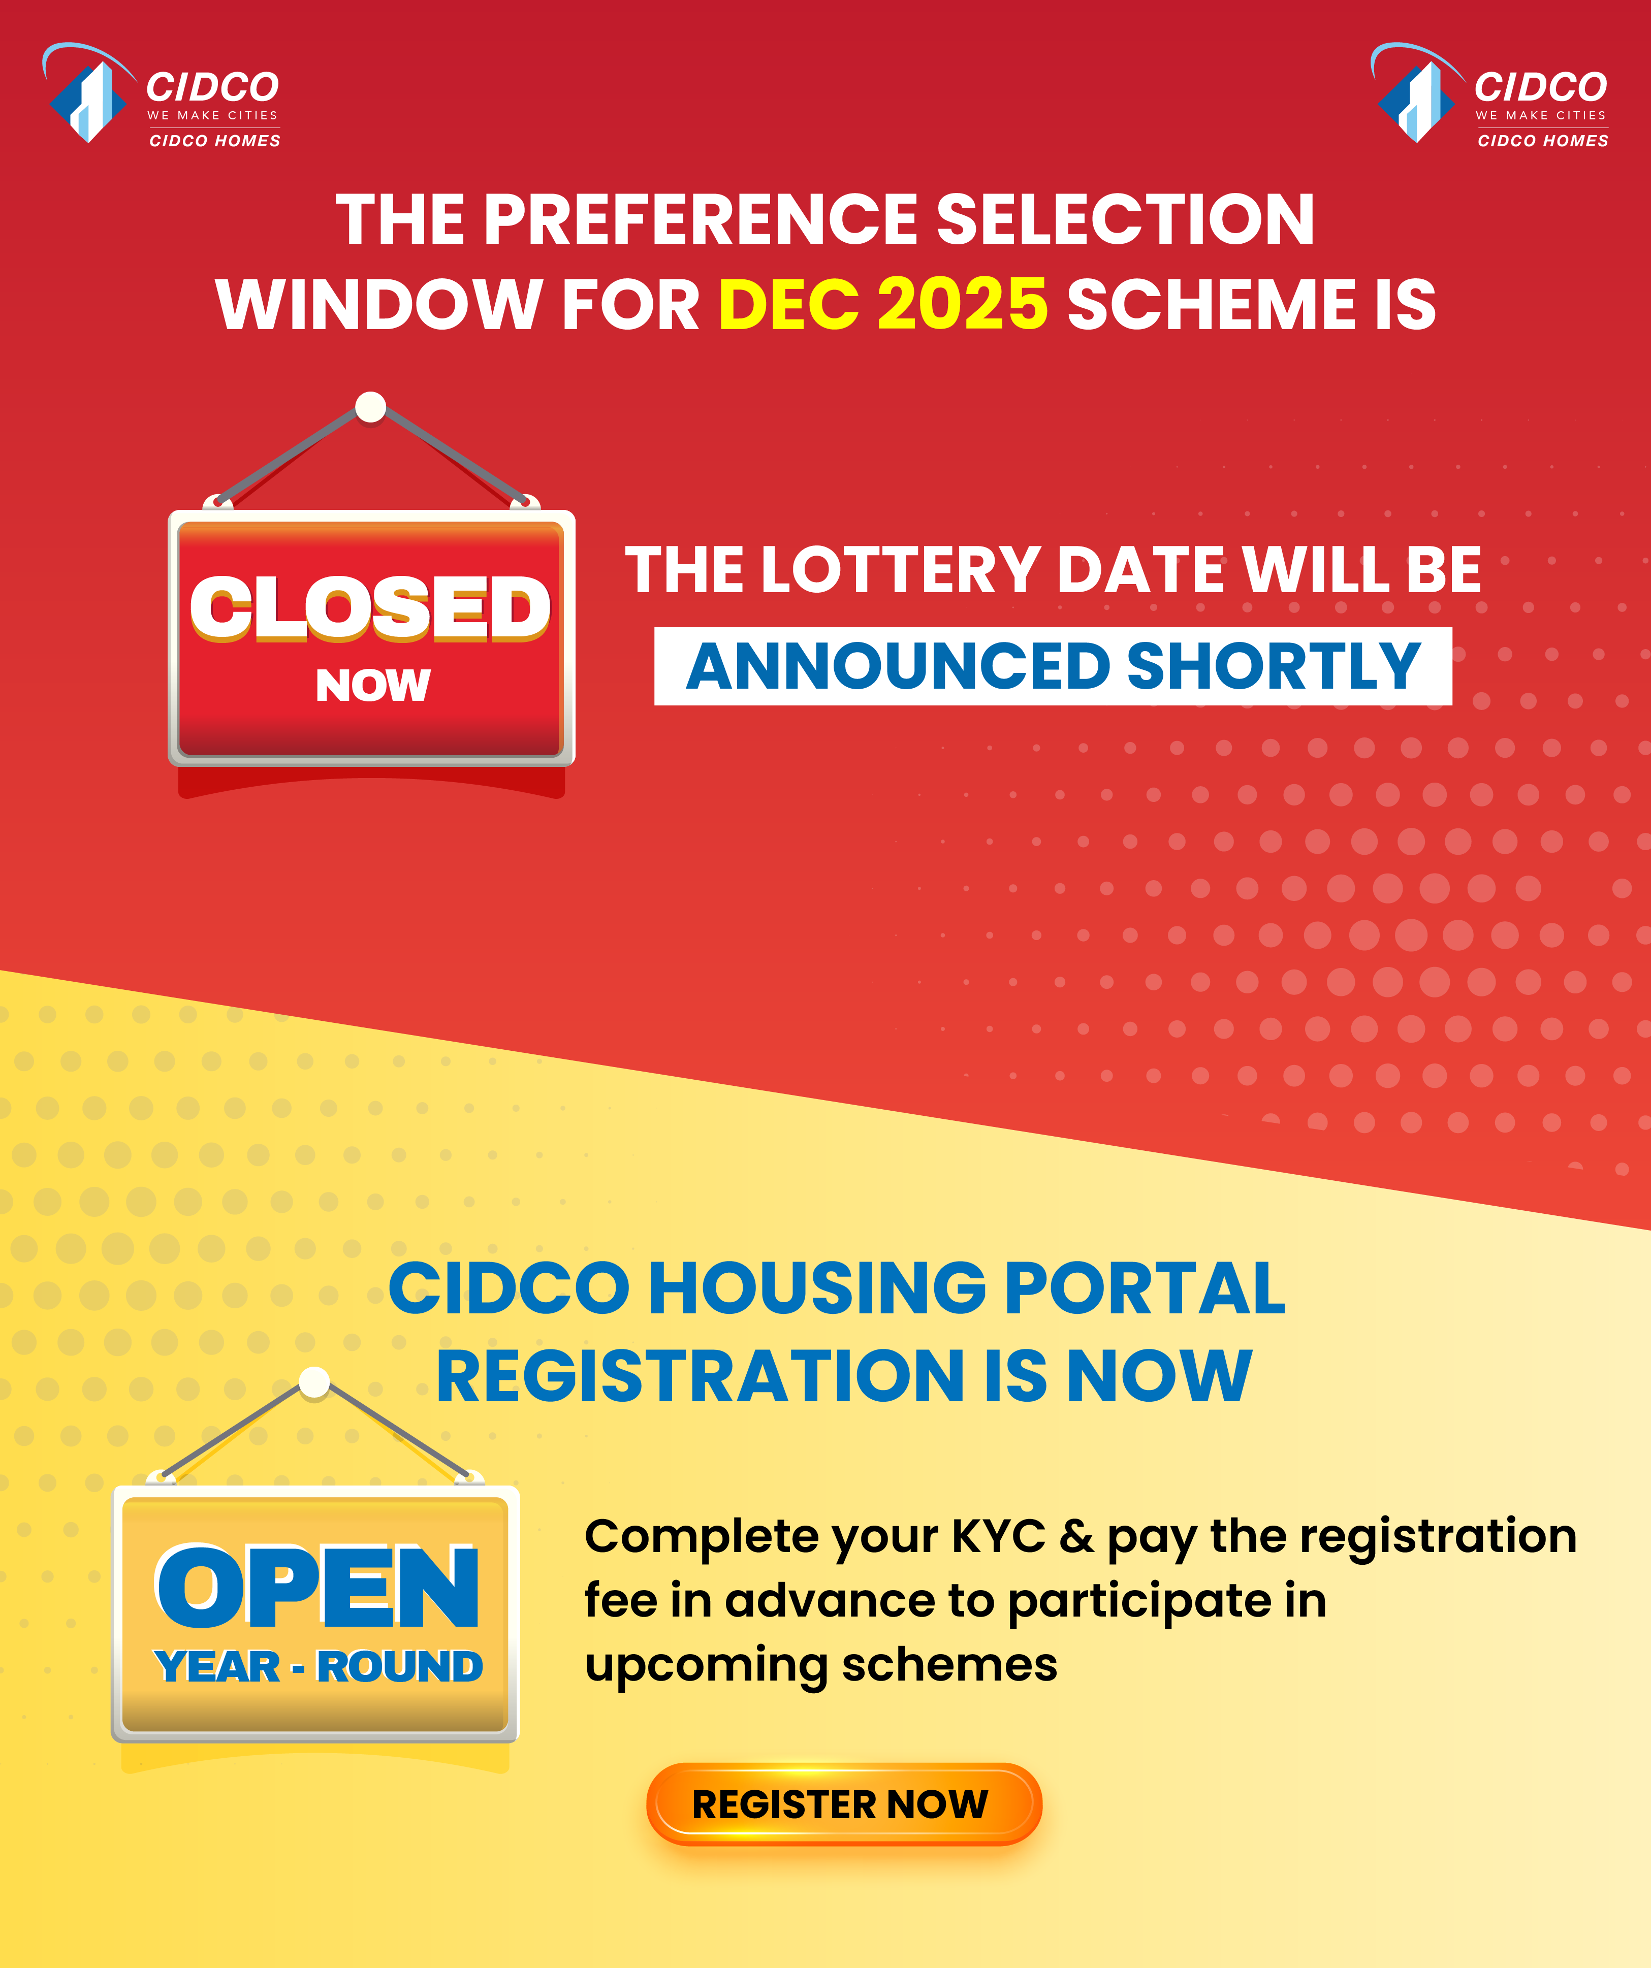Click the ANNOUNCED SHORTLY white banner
(x=1053, y=666)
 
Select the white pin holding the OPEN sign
(x=314, y=1381)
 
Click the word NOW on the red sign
(x=373, y=685)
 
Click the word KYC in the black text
(x=999, y=1537)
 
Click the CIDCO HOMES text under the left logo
(x=215, y=141)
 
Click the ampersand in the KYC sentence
(x=1076, y=1537)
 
